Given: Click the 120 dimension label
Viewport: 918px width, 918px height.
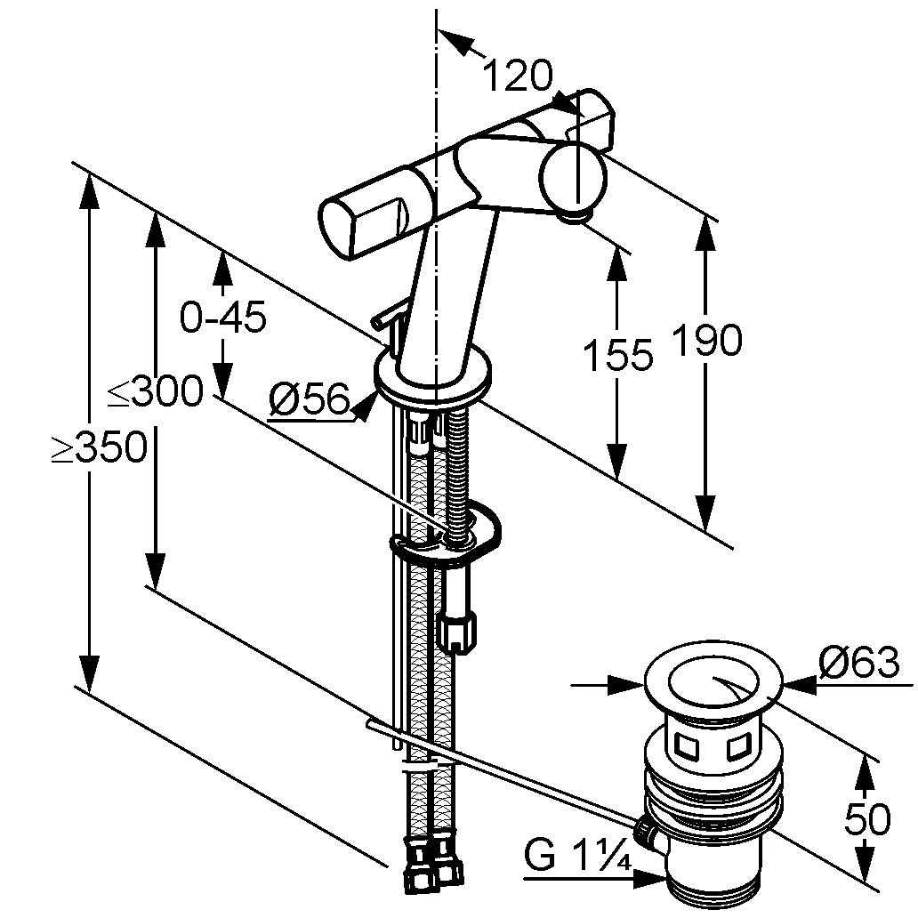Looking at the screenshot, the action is click(x=518, y=76).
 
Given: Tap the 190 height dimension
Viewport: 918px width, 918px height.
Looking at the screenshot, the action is click(x=707, y=340).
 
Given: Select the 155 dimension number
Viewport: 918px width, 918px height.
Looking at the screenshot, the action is click(x=618, y=354).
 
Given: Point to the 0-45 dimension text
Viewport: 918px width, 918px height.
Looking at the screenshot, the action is click(x=223, y=317).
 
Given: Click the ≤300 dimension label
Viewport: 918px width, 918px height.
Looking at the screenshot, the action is click(x=155, y=391).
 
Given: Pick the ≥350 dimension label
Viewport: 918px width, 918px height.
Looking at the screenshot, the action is click(x=99, y=447).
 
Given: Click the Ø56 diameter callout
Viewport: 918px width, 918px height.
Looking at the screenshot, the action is click(x=310, y=400).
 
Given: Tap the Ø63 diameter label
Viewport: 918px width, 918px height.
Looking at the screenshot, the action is click(x=858, y=662).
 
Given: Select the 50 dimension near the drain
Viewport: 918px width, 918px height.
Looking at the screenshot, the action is click(x=867, y=818).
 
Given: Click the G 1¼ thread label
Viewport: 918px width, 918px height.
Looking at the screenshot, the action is click(x=577, y=857).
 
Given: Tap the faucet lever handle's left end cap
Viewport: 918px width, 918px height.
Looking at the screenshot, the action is click(x=335, y=228).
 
